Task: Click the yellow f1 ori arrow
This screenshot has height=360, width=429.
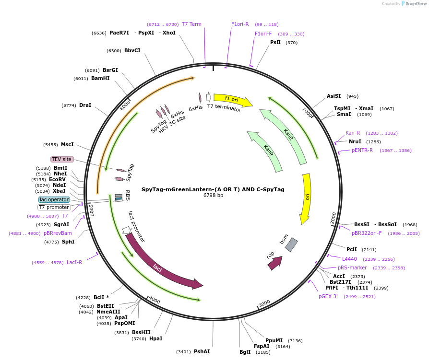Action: coord(233,100)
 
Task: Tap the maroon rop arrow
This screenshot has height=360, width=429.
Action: coord(274,263)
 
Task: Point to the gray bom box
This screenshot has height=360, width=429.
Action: coord(291,244)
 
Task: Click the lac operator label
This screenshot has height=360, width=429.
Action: coord(54,199)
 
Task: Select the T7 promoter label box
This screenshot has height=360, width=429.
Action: coord(54,207)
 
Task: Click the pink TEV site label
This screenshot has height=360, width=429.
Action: coord(62,159)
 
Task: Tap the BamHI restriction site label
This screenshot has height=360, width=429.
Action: coord(100,78)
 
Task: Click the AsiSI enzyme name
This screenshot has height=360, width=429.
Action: coord(334,96)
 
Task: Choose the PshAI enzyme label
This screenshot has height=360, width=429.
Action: coord(202,351)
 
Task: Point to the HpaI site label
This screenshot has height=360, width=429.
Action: coord(155,338)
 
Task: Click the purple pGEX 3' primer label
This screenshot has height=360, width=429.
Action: coord(328,296)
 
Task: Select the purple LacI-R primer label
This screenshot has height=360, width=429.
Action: coord(74,262)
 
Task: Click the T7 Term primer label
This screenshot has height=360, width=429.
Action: coord(191,24)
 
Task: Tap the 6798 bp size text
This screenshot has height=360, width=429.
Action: coord(213,195)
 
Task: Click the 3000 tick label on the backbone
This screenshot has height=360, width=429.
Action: coord(264,303)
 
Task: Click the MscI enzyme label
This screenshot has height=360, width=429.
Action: coord(67,144)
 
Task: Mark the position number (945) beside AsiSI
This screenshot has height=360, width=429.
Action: coord(352,96)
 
